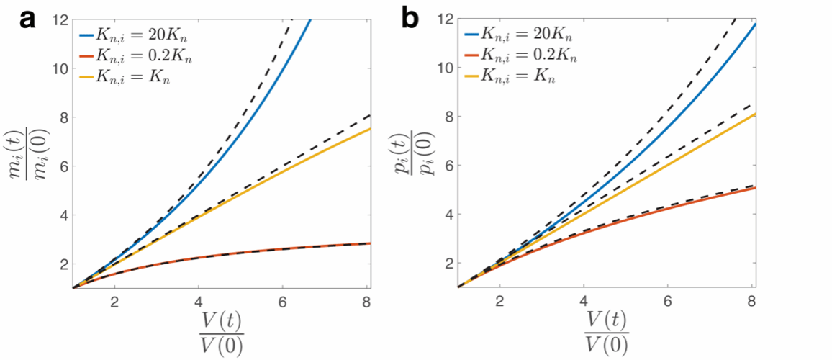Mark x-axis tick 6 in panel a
[x=282, y=300]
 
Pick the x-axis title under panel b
[x=607, y=333]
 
